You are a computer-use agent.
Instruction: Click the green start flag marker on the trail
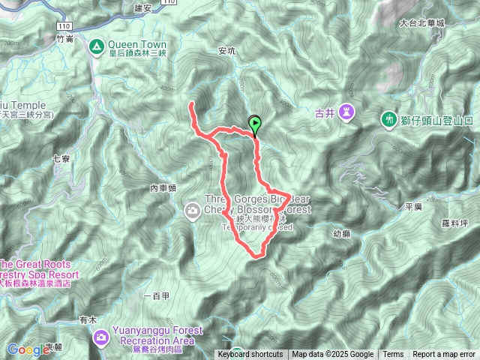click(255, 124)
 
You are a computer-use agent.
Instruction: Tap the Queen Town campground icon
click(97, 47)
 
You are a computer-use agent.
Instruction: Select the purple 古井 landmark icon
click(346, 112)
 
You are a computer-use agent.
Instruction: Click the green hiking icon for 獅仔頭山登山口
click(388, 118)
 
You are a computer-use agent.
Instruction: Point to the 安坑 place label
click(226, 52)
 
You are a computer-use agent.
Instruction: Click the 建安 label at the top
click(142, 7)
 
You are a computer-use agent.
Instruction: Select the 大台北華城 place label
click(422, 23)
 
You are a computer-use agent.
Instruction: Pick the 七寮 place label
click(61, 158)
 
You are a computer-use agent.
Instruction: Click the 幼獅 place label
click(341, 234)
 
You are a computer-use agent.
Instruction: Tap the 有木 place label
click(88, 319)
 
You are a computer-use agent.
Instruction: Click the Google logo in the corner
click(28, 349)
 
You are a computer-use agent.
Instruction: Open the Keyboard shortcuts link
click(250, 355)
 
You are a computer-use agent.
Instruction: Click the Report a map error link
click(444, 355)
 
